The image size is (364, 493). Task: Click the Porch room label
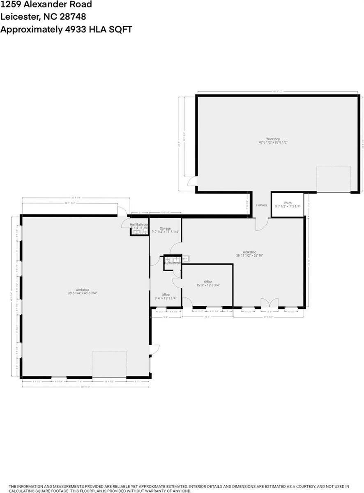pos(288,203)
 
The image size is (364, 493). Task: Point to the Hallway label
pos(262,205)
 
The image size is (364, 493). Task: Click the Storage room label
pos(165,228)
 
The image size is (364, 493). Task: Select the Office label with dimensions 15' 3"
pos(207,282)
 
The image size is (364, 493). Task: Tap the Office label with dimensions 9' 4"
pos(166,295)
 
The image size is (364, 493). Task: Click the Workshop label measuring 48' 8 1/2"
pos(273,139)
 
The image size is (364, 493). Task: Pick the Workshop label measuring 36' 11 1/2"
pos(249,252)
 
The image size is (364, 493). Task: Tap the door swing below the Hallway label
pos(261,224)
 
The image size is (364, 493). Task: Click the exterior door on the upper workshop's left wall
pos(192,182)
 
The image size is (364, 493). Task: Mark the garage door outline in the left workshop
pos(109,364)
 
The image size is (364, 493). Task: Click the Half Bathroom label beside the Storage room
pos(139,225)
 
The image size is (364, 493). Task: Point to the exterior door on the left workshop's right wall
pos(154,350)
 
